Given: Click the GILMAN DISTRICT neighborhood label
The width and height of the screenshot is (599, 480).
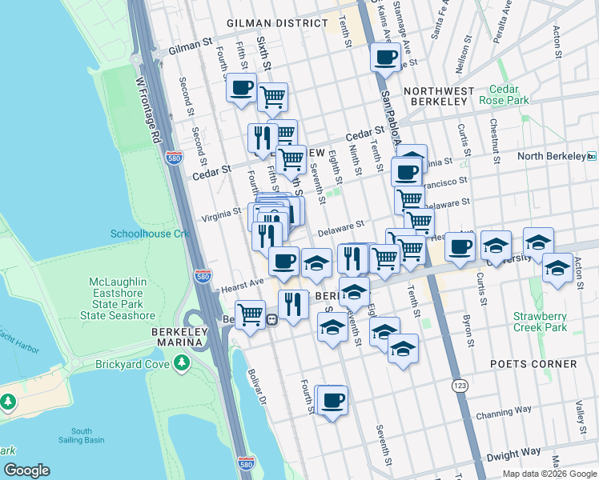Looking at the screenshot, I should click(x=277, y=24).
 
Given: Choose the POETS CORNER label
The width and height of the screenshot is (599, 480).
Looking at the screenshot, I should click(x=534, y=364).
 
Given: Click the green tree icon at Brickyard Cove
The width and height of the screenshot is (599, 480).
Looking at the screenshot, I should click(x=183, y=364).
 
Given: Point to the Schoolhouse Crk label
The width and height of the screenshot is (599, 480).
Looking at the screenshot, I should click(x=149, y=234).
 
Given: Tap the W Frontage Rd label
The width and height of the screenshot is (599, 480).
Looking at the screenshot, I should click(x=147, y=110).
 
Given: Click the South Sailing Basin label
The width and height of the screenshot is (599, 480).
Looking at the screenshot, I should click(x=86, y=435).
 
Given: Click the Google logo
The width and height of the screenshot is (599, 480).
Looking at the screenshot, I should click(x=26, y=470).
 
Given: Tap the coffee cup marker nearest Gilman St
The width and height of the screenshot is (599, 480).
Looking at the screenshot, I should click(x=385, y=58).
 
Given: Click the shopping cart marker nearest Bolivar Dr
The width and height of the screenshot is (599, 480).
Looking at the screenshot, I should click(x=251, y=313).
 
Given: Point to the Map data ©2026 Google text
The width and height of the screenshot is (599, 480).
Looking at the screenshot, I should click(x=549, y=474).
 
